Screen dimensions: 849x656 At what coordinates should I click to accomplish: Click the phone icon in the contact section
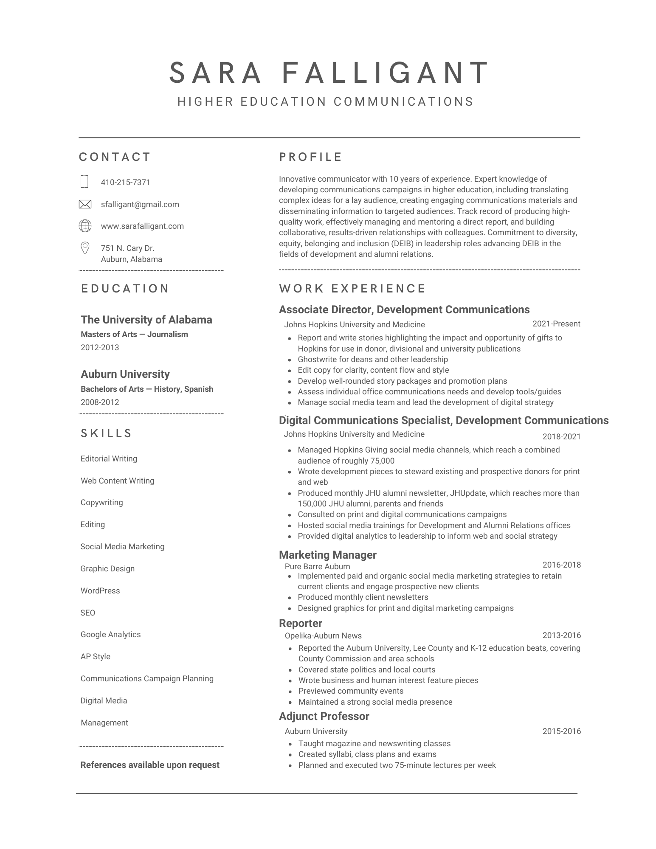tap(84, 182)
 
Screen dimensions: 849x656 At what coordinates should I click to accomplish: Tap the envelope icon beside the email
tap(85, 204)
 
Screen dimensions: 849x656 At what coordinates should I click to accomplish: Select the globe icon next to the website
tap(85, 226)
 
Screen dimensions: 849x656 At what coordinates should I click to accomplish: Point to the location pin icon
tap(85, 248)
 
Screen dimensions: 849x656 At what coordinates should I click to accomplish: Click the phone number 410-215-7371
tap(125, 183)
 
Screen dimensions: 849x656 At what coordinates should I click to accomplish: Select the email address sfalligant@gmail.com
tap(140, 205)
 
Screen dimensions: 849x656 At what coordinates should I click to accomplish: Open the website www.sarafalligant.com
tap(142, 226)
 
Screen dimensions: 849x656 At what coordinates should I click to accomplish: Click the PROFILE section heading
tap(310, 157)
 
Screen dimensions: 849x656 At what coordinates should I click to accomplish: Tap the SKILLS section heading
tap(106, 433)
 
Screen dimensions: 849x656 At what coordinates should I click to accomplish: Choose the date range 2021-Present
tap(556, 324)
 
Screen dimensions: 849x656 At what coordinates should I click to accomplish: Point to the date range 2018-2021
tap(561, 437)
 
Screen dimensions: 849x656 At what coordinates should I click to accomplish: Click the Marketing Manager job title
tap(327, 555)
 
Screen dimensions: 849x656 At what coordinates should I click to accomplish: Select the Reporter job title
tap(300, 623)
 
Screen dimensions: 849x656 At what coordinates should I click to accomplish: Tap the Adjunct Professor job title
tap(324, 717)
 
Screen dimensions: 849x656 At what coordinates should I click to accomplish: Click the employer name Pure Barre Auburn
tap(317, 567)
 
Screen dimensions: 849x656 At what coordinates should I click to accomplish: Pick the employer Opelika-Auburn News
tap(323, 636)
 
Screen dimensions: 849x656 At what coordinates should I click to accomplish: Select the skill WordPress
tap(100, 591)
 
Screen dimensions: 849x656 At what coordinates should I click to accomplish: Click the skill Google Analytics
tap(110, 635)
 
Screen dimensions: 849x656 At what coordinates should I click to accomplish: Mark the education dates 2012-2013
tap(100, 348)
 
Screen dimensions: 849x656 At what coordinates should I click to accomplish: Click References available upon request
tap(150, 765)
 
